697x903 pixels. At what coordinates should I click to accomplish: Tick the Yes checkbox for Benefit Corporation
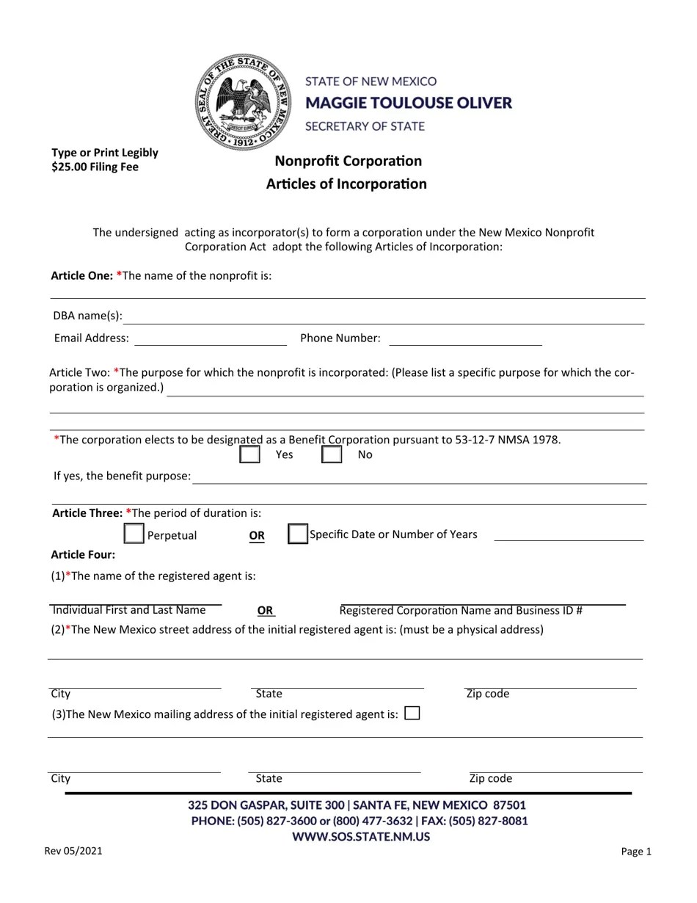pyautogui.click(x=250, y=454)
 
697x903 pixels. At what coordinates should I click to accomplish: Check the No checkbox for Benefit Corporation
pyautogui.click(x=332, y=454)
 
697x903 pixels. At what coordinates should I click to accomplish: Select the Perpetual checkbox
pyautogui.click(x=134, y=534)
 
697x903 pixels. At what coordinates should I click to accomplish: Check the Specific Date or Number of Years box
pyautogui.click(x=297, y=534)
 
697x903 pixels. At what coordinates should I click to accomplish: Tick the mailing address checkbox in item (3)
pyautogui.click(x=412, y=713)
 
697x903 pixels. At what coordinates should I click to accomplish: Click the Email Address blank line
pyautogui.click(x=211, y=340)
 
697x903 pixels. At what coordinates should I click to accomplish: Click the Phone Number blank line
pyautogui.click(x=465, y=340)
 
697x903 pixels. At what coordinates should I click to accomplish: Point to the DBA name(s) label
pyautogui.click(x=87, y=316)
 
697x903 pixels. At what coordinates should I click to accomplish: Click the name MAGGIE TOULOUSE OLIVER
pyautogui.click(x=408, y=103)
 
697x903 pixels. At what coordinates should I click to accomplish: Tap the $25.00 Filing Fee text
pyautogui.click(x=95, y=167)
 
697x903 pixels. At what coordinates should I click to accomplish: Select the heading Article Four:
pyautogui.click(x=83, y=554)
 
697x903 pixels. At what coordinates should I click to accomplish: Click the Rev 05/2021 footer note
pyautogui.click(x=73, y=851)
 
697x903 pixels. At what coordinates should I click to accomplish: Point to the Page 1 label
pyautogui.click(x=636, y=852)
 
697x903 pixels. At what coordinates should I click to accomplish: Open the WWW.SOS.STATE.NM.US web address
pyautogui.click(x=361, y=836)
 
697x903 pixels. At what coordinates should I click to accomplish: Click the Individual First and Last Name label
pyautogui.click(x=129, y=610)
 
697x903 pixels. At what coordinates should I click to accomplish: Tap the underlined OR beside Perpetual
pyautogui.click(x=257, y=535)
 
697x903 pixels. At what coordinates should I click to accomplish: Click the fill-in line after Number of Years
pyautogui.click(x=569, y=537)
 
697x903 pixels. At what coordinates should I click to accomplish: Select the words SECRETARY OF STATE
pyautogui.click(x=365, y=126)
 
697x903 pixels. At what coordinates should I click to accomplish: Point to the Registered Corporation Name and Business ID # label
pyautogui.click(x=461, y=610)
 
